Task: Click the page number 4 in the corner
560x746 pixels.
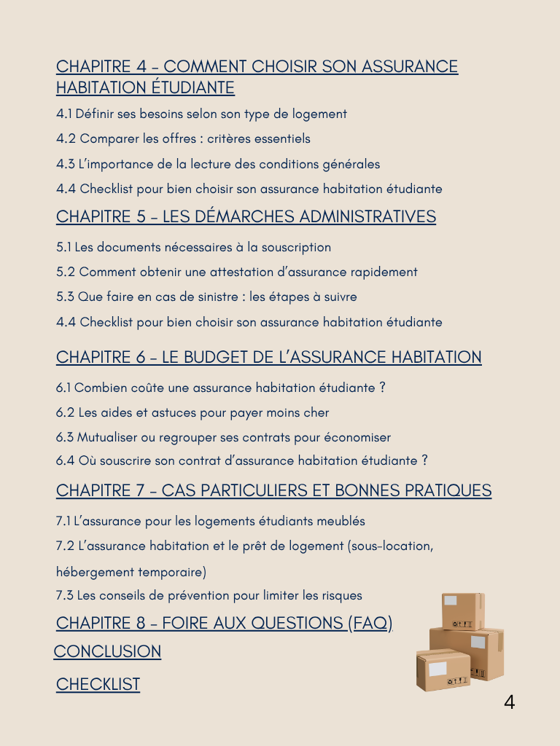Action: (509, 703)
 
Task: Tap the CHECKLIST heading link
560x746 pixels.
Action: (98, 684)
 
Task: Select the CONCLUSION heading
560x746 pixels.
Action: (108, 651)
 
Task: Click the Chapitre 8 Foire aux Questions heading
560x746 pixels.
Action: (224, 623)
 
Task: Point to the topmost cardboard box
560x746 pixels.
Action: (462, 610)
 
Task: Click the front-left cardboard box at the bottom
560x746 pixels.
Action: (443, 671)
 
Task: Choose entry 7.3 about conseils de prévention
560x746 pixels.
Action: (209, 595)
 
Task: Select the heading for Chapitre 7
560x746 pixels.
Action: (273, 491)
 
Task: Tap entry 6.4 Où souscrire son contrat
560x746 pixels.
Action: (241, 460)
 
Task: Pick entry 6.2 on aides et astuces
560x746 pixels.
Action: (192, 412)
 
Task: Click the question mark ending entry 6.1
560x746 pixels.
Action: (382, 388)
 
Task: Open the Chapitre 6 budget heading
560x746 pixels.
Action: (268, 358)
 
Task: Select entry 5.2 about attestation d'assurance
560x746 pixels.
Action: (237, 272)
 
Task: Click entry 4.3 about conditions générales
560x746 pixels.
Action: (218, 164)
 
